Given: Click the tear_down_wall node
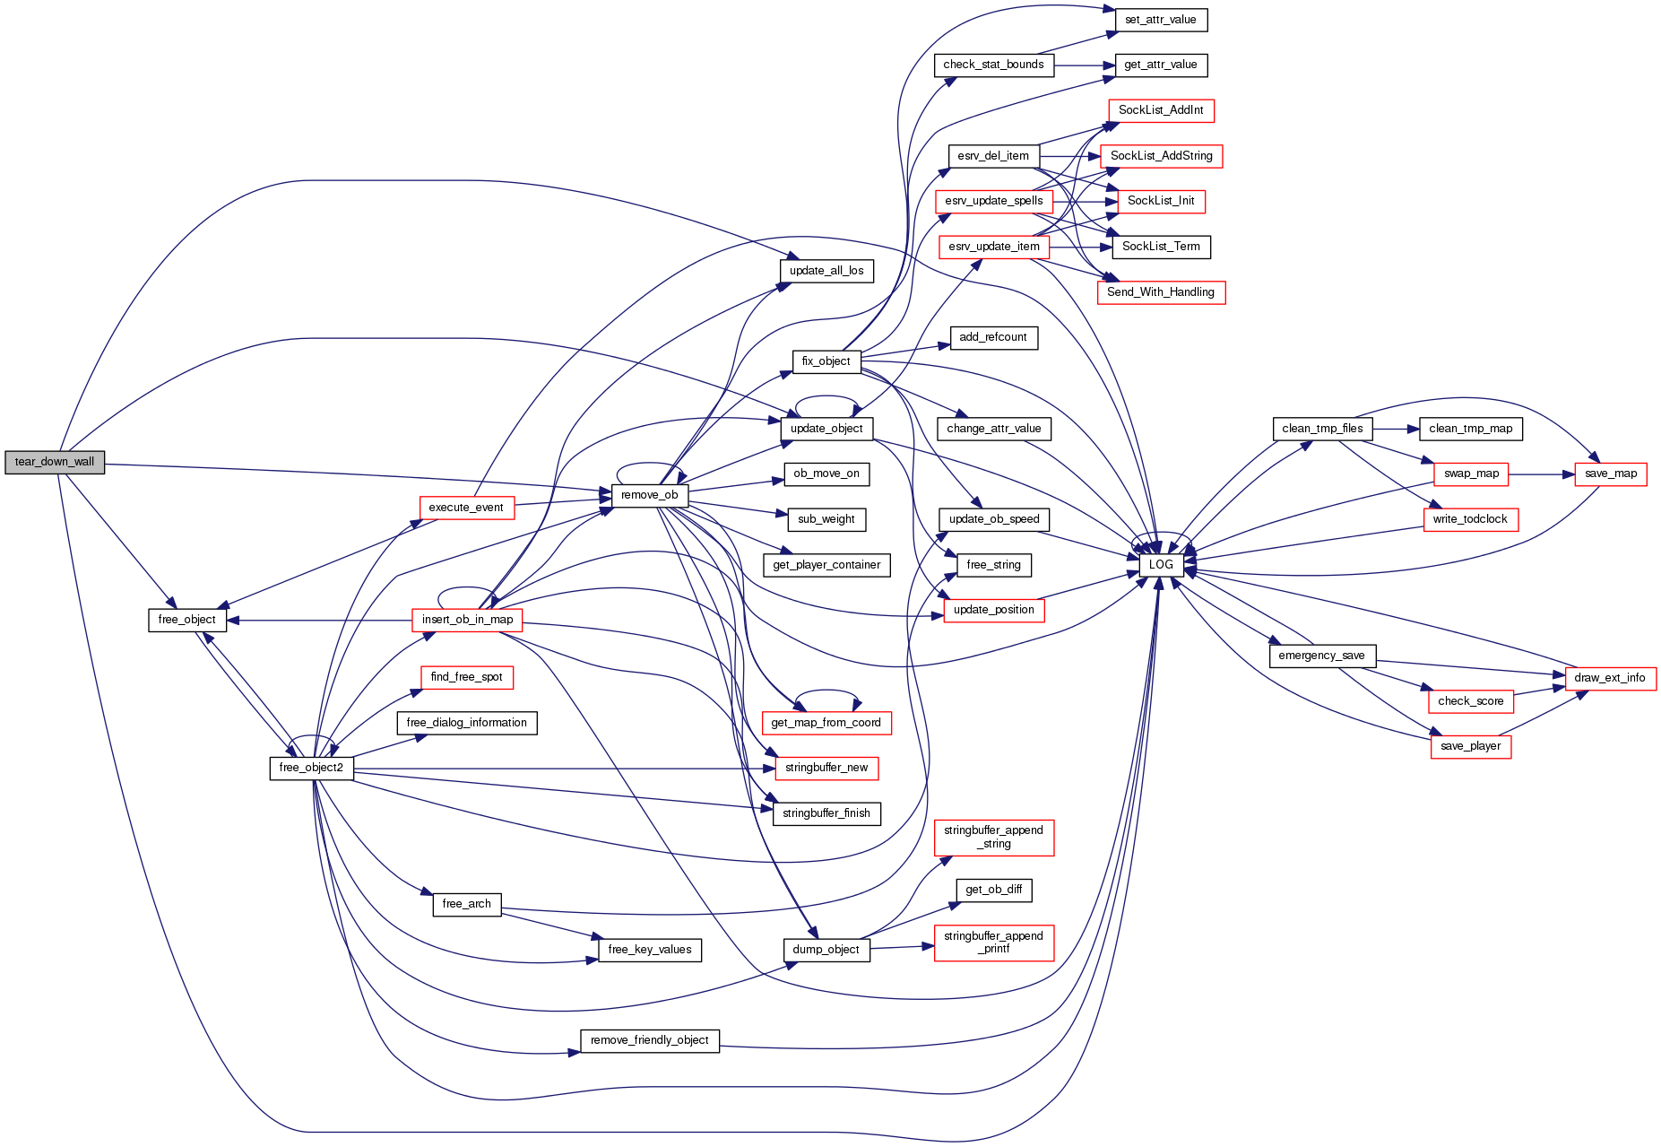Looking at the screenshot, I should click(55, 462).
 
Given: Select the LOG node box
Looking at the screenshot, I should click(1161, 564).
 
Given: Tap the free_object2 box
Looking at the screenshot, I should click(311, 768).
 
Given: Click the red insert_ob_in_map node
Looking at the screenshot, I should click(467, 620).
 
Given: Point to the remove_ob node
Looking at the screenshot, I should click(649, 495).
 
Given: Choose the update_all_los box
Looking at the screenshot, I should click(826, 271).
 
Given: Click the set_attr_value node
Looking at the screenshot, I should click(1161, 20).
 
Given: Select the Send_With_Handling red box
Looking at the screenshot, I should click(1161, 292).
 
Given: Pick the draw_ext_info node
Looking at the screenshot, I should click(1610, 678).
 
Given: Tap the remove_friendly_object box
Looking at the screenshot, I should click(649, 1040).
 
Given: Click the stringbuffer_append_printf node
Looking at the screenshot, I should click(993, 943).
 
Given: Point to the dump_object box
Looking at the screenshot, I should click(826, 950).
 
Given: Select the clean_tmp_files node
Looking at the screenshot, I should click(1322, 429).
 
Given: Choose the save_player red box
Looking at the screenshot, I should click(1470, 746).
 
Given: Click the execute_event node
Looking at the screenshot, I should click(466, 508).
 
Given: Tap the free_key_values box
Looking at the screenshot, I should click(649, 950).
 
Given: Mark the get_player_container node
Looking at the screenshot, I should click(826, 565).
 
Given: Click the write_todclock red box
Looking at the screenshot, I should click(1470, 519).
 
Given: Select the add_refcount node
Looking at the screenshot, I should click(993, 337).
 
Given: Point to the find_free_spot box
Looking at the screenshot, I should click(466, 677).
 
